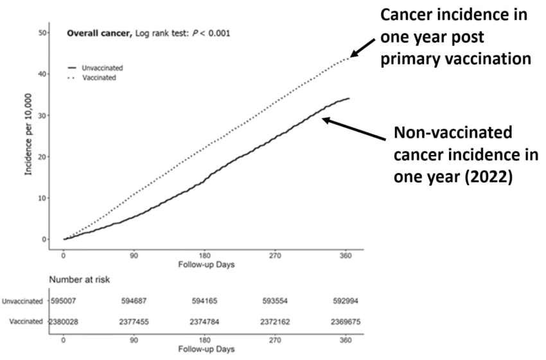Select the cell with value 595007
pos(64,300)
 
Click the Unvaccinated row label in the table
pos(22,300)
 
